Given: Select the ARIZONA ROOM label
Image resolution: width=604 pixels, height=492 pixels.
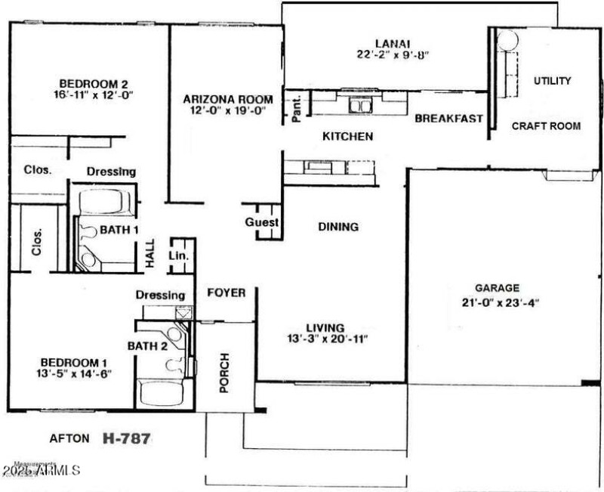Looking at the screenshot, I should point(223,99).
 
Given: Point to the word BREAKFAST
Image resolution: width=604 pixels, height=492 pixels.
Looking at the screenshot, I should point(448,119).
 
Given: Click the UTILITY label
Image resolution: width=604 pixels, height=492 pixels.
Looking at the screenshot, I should point(552,81).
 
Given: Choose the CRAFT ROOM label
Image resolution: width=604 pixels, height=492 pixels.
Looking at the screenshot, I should point(546,126).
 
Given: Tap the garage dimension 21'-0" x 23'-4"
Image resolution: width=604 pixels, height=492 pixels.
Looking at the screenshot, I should point(497,302).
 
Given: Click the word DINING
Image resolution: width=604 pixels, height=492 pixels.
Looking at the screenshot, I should point(337,227).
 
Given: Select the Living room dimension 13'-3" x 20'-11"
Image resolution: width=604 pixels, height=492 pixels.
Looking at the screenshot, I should point(325,339).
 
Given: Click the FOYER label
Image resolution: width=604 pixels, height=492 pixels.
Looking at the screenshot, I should point(226,292).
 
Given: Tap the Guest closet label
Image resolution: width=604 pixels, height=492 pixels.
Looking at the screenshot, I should point(261,223).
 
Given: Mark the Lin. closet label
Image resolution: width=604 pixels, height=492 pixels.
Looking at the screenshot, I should point(181,256).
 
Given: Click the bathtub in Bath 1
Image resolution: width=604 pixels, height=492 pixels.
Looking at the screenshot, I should point(105,202).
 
